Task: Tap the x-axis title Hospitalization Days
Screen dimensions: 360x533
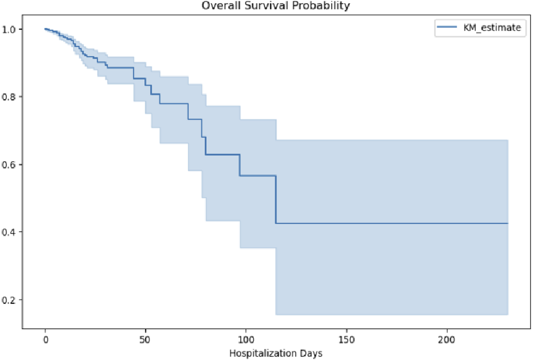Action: [276, 353]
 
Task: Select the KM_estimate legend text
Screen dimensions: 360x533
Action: [492, 28]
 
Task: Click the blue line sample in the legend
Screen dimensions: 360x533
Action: [446, 28]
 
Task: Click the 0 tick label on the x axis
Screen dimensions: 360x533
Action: [45, 340]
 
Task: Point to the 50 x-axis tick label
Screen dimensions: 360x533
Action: [145, 340]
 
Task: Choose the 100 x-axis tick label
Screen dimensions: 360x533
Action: [246, 340]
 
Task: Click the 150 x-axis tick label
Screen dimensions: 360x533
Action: [346, 340]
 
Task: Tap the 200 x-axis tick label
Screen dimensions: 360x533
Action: [447, 340]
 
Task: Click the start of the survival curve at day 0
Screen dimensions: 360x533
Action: [45, 29]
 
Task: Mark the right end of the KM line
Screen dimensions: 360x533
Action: [507, 223]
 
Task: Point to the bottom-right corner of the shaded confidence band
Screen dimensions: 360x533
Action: [507, 314]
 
